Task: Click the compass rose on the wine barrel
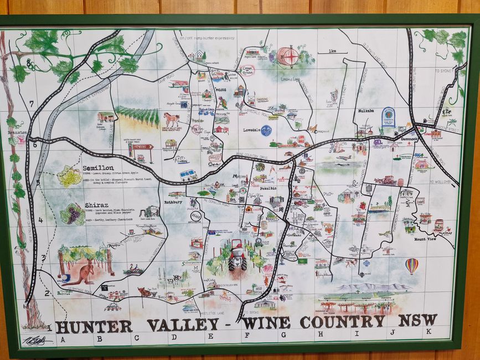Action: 288,56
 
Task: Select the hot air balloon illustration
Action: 411,266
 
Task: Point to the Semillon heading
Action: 98,168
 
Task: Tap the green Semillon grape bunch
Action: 69,177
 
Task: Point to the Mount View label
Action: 426,239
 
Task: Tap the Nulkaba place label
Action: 366,111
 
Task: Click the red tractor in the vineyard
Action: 238,256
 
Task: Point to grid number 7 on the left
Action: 32,104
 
